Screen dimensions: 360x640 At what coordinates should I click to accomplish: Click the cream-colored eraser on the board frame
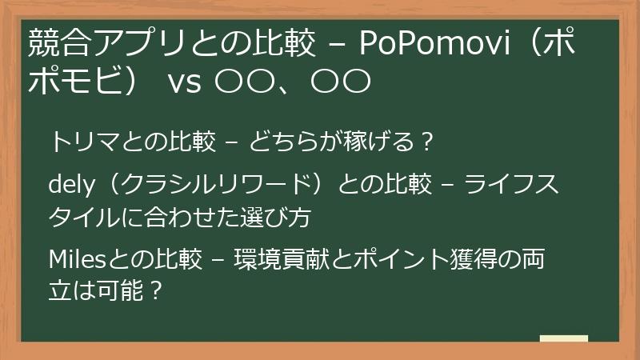[x=563, y=340]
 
